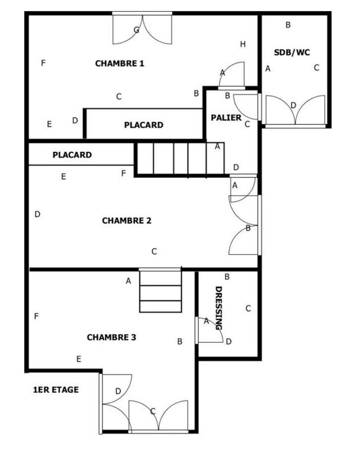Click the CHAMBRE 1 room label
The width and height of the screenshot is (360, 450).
(x=120, y=64)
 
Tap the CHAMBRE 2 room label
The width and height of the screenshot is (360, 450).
(x=127, y=221)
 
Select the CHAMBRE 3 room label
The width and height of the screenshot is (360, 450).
(x=111, y=337)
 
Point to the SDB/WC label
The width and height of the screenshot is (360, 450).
(x=292, y=52)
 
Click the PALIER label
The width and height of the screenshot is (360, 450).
(x=226, y=118)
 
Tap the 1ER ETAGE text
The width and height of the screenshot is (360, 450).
(x=56, y=389)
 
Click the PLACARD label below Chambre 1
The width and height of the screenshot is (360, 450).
(x=143, y=125)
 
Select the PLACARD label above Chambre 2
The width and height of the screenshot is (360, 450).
(x=72, y=155)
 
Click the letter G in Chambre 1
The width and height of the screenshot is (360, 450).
(x=137, y=30)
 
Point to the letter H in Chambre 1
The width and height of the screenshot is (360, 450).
(x=243, y=44)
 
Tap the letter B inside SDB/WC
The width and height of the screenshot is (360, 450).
(x=288, y=25)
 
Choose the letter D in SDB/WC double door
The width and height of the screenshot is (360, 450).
(x=293, y=105)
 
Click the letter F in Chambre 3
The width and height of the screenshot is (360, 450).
(x=37, y=316)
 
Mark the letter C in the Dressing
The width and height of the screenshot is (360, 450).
(x=248, y=308)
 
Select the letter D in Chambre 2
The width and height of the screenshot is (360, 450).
(x=38, y=214)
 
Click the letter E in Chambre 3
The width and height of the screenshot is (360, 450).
(x=79, y=358)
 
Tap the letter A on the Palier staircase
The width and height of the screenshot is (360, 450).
(x=218, y=146)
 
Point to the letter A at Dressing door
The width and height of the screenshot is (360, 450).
(x=206, y=321)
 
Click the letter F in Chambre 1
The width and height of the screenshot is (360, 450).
(x=43, y=62)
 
